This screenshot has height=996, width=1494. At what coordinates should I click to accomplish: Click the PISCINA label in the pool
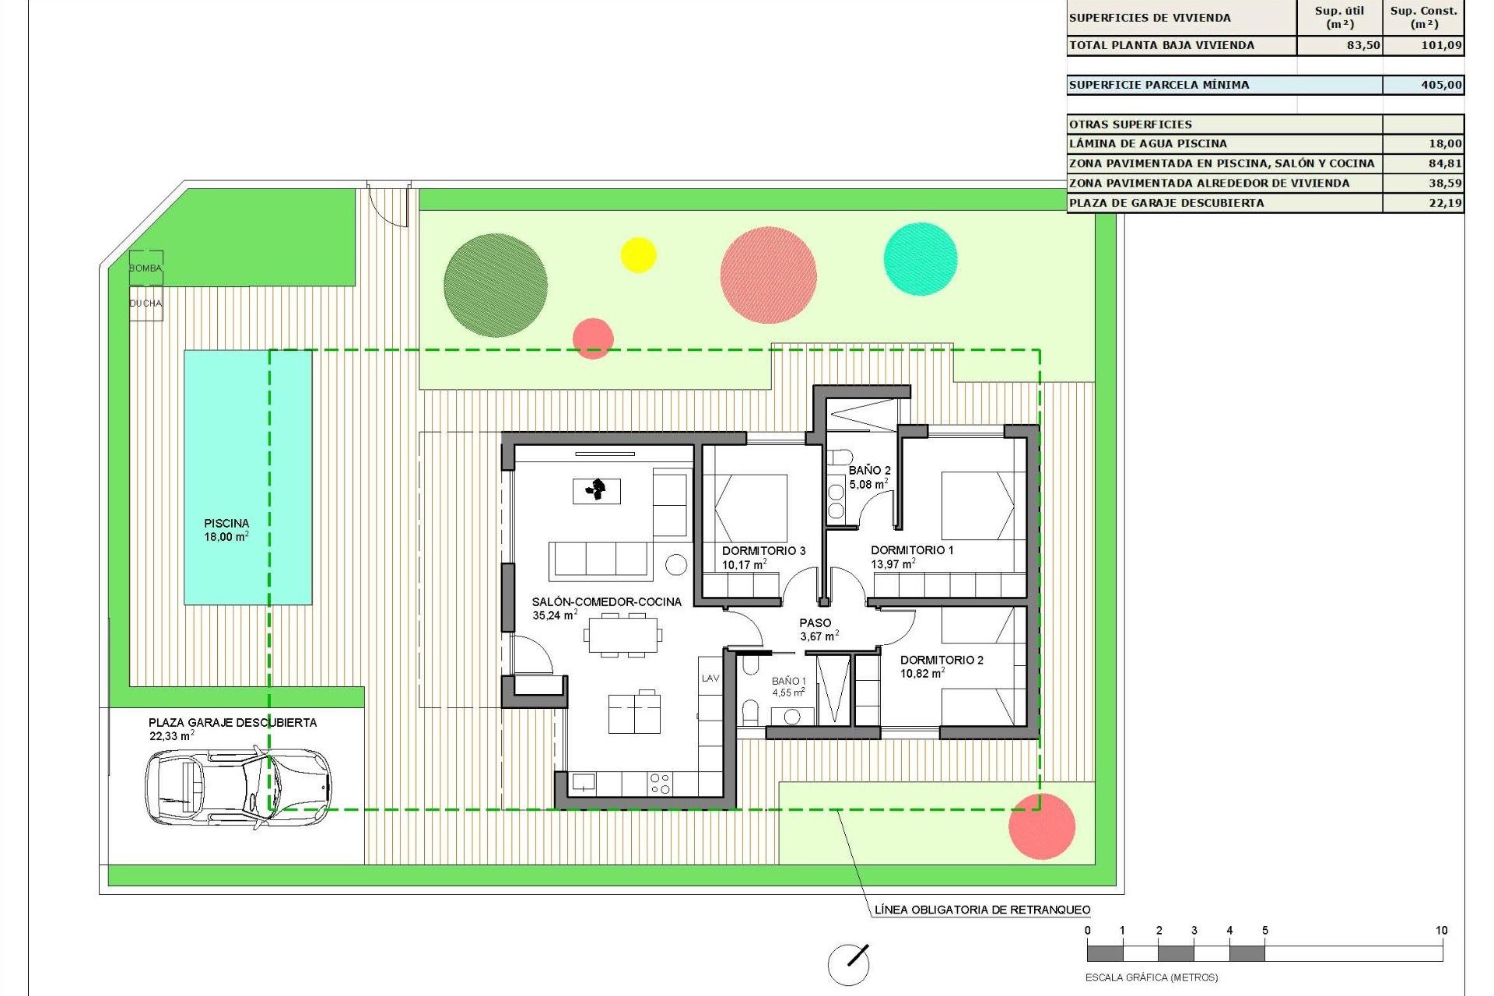point(226,524)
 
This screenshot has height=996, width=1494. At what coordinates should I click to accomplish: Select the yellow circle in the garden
point(638,254)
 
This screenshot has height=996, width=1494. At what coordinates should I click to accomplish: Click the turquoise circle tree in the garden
point(921,259)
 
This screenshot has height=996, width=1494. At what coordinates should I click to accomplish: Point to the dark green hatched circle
point(496,286)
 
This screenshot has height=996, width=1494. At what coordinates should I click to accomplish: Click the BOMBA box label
point(146,268)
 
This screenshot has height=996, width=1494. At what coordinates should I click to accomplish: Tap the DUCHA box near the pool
point(146,303)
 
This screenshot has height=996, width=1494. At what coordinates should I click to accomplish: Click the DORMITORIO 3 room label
point(763,551)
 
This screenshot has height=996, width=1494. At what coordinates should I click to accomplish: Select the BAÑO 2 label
point(869,471)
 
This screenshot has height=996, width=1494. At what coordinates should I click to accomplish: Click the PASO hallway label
point(815,623)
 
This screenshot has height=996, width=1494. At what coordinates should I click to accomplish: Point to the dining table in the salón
point(622,635)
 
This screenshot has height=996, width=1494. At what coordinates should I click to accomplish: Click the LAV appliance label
point(710,679)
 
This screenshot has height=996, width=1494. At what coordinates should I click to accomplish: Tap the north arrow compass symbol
point(848,963)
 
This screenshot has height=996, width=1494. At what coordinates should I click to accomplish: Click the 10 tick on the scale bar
point(1441,931)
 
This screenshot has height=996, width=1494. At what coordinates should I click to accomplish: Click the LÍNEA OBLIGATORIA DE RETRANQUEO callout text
point(982,910)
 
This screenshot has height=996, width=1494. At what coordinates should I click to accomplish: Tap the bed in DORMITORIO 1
point(978,506)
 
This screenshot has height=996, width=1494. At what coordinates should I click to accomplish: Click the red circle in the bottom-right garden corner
point(1041,826)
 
